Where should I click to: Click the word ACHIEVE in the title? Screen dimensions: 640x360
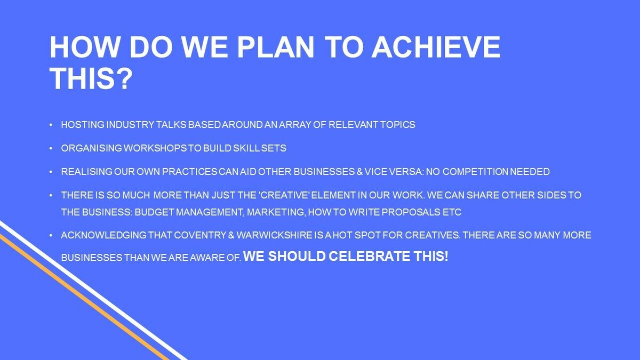(436, 47)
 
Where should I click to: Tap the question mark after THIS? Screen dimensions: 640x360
(124, 78)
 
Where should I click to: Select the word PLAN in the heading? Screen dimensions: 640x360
(276, 47)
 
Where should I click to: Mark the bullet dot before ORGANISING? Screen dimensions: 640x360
(51, 148)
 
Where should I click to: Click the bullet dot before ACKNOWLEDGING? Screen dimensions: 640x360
(51, 235)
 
